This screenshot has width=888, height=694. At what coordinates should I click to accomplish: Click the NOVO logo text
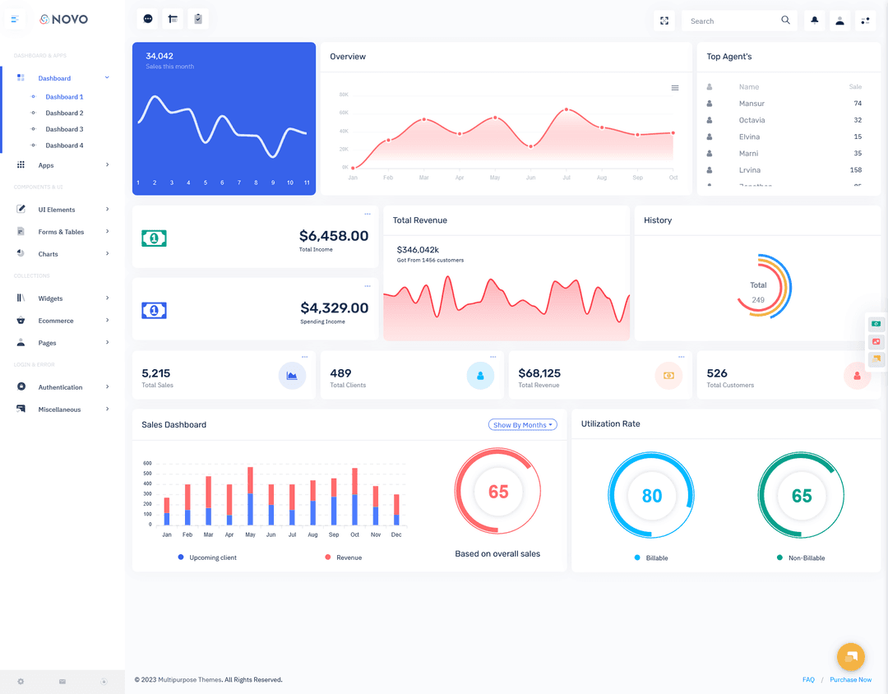pyautogui.click(x=70, y=19)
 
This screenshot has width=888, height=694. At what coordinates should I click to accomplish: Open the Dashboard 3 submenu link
pyautogui.click(x=64, y=129)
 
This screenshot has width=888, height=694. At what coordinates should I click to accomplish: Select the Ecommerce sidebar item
pyautogui.click(x=56, y=321)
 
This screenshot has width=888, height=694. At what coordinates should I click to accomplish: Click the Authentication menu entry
pyautogui.click(x=60, y=387)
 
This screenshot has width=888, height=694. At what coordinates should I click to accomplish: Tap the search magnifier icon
pyautogui.click(x=786, y=21)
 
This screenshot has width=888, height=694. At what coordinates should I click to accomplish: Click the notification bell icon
pyautogui.click(x=815, y=21)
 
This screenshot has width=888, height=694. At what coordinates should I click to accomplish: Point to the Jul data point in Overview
pyautogui.click(x=566, y=109)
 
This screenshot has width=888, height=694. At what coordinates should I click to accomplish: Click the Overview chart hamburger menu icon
pyautogui.click(x=675, y=88)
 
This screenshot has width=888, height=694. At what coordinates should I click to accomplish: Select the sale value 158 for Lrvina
pyautogui.click(x=855, y=170)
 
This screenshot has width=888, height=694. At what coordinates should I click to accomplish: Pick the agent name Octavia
pyautogui.click(x=752, y=120)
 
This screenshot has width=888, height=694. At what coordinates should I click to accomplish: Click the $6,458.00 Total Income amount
pyautogui.click(x=334, y=236)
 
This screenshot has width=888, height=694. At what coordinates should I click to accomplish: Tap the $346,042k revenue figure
pyautogui.click(x=418, y=249)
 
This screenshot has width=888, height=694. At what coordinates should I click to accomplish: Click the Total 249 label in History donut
pyautogui.click(x=758, y=292)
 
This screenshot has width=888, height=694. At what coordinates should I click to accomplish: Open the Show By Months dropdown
pyautogui.click(x=522, y=425)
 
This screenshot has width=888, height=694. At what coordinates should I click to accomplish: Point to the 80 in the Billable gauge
pyautogui.click(x=652, y=496)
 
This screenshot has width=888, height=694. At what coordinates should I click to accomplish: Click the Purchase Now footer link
pyautogui.click(x=850, y=680)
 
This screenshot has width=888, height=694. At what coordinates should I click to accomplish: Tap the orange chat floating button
pyautogui.click(x=851, y=656)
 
